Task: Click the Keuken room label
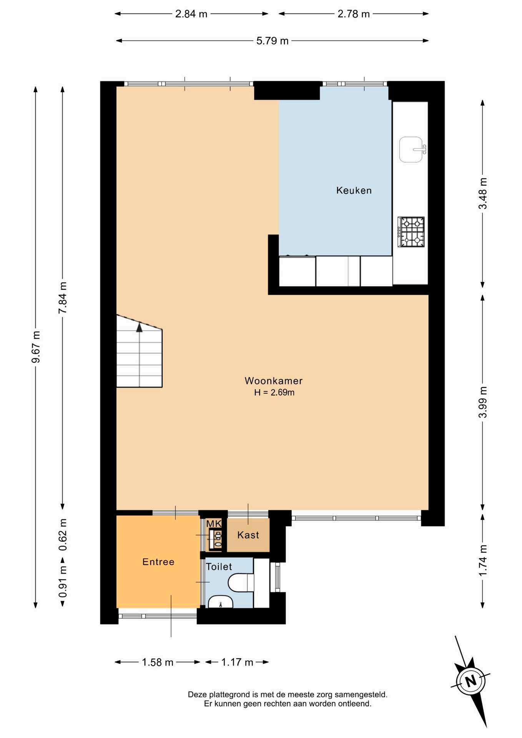354,190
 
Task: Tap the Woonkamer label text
274,381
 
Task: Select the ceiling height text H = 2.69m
274,392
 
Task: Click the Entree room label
158,562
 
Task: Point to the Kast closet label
248,535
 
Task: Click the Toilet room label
219,567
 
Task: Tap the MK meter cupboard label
214,524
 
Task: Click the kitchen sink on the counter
412,150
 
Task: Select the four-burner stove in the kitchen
411,232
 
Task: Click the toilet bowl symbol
241,583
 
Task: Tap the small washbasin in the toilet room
220,602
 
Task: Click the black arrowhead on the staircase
139,327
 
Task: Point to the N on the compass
471,681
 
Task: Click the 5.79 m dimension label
272,41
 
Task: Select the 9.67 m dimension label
36,347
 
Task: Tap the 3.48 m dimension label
482,193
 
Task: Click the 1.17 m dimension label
237,662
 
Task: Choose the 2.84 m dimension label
191,14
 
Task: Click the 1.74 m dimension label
482,560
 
